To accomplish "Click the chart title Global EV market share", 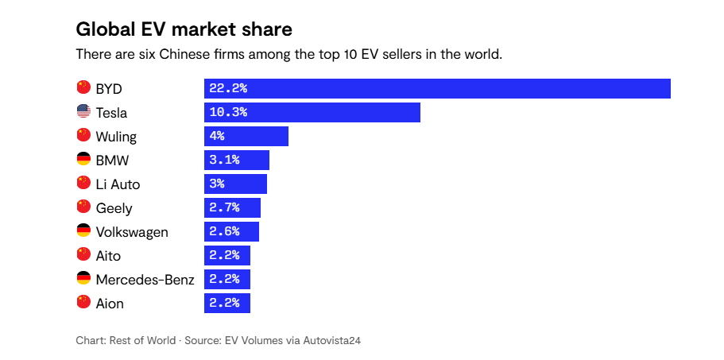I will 184,29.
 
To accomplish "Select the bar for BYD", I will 437,88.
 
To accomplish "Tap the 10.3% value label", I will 228,112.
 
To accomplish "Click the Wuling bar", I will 246,136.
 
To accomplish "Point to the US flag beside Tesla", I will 83,112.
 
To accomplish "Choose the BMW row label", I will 112,160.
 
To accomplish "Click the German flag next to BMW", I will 83,160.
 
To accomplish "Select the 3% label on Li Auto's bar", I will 217,184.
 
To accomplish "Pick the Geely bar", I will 232,207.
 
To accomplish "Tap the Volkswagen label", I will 132,231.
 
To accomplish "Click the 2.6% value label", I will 224,231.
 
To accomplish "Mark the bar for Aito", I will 227,255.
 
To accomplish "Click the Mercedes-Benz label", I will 145,279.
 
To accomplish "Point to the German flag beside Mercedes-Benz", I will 83,279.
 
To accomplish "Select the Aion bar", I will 227,303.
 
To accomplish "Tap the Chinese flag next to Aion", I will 83,303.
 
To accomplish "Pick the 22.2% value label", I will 228,88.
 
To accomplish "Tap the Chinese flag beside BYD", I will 83,88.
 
